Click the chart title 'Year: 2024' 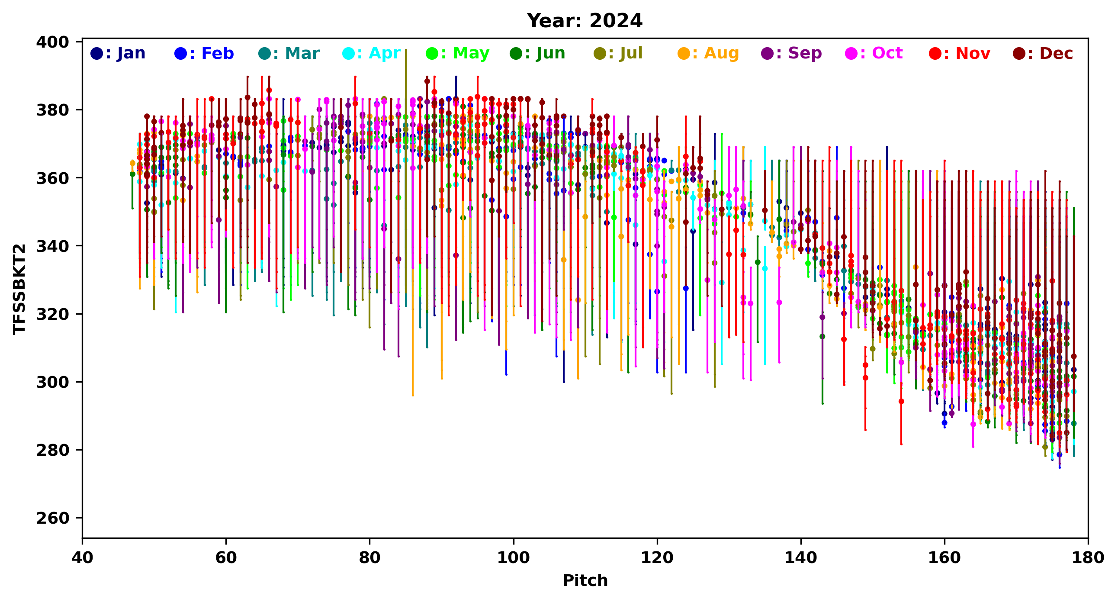[584, 21]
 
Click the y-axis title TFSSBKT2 [19, 289]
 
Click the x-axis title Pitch [585, 580]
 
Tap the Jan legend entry [118, 53]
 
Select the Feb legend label [204, 53]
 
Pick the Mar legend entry [289, 53]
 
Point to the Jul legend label [618, 53]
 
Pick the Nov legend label [960, 53]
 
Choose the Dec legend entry [1043, 53]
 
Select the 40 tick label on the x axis [83, 558]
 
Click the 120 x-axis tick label [657, 558]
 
